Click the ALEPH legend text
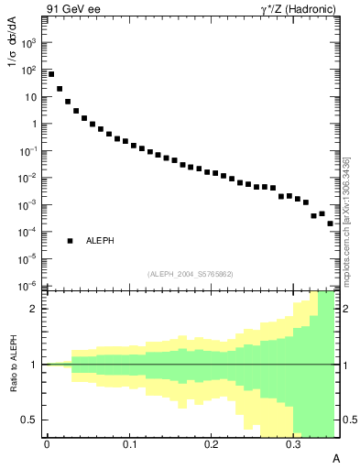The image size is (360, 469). pos(101,240)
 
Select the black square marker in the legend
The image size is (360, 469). pos(71,240)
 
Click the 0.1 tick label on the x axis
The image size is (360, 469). pos(130,444)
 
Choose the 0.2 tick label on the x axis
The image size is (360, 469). pos(212,444)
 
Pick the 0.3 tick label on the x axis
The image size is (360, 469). pos(293,444)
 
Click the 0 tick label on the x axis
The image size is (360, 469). pos(48,444)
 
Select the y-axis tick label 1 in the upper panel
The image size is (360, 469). pos(36,123)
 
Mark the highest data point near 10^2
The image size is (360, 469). pos(51,74)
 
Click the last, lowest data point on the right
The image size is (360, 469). pos(330,223)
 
